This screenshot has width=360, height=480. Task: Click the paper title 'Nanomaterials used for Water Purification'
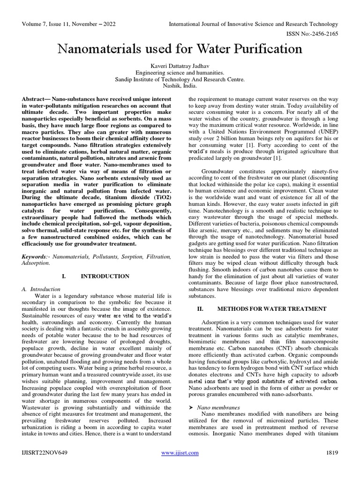click(180, 49)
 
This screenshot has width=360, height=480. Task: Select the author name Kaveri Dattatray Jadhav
click(180, 67)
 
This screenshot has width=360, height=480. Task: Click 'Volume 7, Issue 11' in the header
click(52, 24)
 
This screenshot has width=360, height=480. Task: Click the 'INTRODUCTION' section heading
click(105, 276)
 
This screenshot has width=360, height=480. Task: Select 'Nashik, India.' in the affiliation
click(180, 86)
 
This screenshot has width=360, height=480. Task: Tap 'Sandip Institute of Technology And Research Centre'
click(180, 80)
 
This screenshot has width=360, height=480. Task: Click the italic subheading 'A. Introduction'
click(41, 289)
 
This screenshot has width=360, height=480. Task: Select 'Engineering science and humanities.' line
click(180, 73)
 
